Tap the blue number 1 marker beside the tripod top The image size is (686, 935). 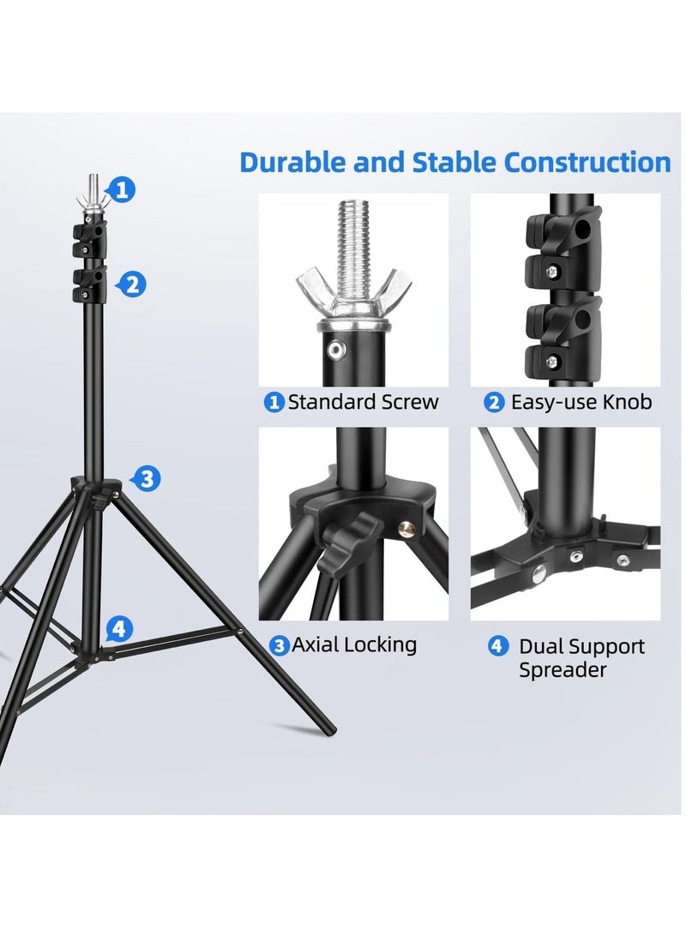[x=123, y=189]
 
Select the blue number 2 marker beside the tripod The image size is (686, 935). [x=131, y=284]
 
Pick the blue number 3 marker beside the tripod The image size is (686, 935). [x=147, y=478]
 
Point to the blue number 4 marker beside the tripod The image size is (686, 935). [x=119, y=629]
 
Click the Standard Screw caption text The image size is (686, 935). [x=363, y=402]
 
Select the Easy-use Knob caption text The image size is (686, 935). [x=581, y=402]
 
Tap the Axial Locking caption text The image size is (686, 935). [x=354, y=644]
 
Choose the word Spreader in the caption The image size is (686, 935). [x=562, y=670]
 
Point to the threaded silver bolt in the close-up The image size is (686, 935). [x=352, y=235]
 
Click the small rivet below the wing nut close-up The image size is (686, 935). [x=337, y=347]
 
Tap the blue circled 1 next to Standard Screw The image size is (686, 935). [x=274, y=402]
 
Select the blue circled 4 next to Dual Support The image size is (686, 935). [x=497, y=645]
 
